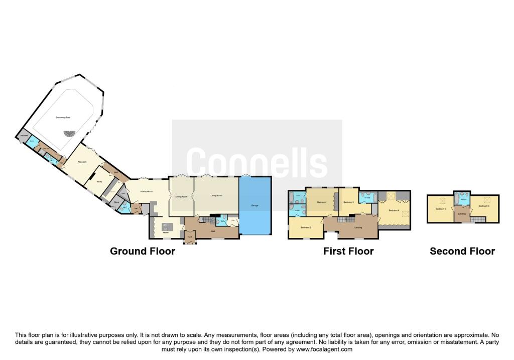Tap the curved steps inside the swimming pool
tap(67, 134)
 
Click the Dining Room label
tap(181, 196)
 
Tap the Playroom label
tap(82, 162)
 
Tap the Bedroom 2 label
tap(306, 227)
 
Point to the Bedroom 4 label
tap(394, 210)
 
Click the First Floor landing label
tap(358, 227)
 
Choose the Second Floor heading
tap(462, 251)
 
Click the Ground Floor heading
tap(143, 251)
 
